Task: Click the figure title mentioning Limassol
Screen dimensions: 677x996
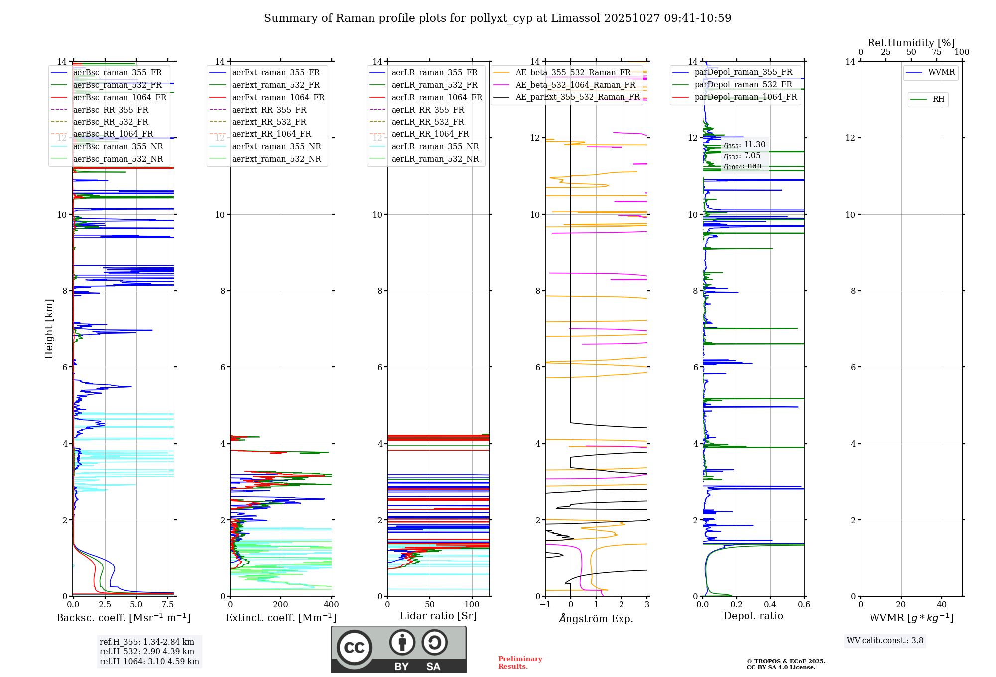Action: pyautogui.click(x=498, y=18)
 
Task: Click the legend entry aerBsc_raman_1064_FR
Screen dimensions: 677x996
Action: pyautogui.click(x=120, y=97)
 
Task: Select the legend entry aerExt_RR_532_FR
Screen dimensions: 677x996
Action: pyautogui.click(x=269, y=122)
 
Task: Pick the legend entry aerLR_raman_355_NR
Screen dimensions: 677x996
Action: pyautogui.click(x=435, y=146)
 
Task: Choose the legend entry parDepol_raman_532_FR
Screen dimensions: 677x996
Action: pyautogui.click(x=743, y=84)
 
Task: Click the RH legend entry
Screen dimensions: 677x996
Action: pyautogui.click(x=938, y=99)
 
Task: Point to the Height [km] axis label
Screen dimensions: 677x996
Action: pyautogui.click(x=49, y=329)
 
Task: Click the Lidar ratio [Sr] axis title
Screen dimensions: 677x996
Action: pyautogui.click(x=438, y=616)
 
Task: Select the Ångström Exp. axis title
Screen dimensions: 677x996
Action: pyautogui.click(x=596, y=618)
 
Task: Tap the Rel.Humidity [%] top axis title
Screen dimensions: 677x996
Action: pyautogui.click(x=911, y=43)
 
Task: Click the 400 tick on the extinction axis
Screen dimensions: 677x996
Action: pyautogui.click(x=331, y=604)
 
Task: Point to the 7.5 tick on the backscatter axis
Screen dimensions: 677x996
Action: pyautogui.click(x=168, y=604)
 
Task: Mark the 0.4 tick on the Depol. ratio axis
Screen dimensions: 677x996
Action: pyautogui.click(x=770, y=604)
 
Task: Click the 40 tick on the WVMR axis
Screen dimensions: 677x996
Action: pyautogui.click(x=941, y=604)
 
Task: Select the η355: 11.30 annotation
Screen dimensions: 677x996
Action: pyautogui.click(x=745, y=145)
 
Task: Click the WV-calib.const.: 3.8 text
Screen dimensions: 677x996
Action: pyautogui.click(x=885, y=640)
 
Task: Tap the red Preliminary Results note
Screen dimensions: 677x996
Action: pyautogui.click(x=520, y=662)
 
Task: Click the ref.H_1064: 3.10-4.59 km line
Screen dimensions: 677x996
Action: pyautogui.click(x=149, y=661)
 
